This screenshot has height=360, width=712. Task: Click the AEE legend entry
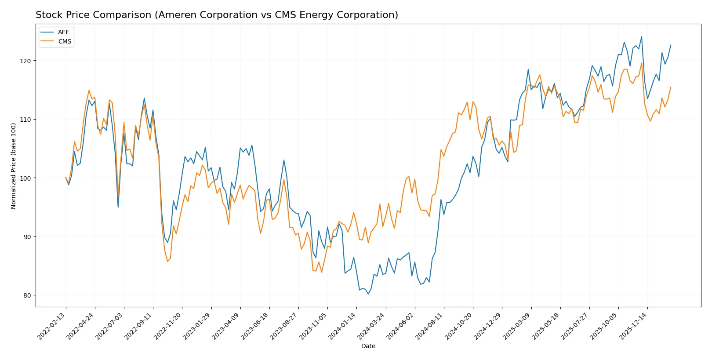[63, 32]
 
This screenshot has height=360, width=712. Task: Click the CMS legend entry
[64, 41]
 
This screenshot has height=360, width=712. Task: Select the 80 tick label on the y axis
[26, 295]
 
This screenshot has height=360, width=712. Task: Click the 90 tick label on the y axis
[26, 236]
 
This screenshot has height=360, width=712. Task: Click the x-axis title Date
[368, 346]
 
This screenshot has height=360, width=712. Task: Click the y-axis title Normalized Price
[14, 166]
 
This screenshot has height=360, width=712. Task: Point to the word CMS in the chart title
[285, 15]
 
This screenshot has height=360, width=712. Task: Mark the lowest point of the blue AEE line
[368, 294]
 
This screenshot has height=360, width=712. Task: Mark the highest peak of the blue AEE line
[641, 36]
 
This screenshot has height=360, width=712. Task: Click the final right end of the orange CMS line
[671, 87]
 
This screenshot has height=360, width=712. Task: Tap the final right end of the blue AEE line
[671, 45]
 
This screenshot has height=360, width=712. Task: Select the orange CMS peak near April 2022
[89, 90]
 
